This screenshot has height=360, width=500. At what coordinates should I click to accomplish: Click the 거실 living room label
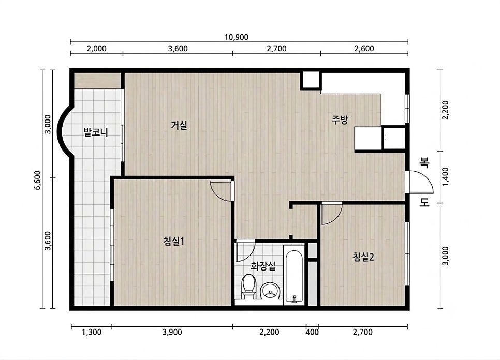(179, 125)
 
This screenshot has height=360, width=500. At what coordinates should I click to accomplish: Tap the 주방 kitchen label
(340, 120)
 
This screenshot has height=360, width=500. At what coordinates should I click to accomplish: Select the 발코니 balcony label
(96, 132)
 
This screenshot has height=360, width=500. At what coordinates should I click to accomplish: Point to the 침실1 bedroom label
(174, 241)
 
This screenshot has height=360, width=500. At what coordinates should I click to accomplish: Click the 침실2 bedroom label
(363, 257)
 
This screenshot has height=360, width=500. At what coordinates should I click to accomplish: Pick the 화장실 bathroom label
(263, 266)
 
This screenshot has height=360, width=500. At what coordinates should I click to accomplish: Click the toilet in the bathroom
(248, 286)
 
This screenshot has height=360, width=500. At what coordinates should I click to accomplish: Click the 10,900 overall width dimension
(237, 37)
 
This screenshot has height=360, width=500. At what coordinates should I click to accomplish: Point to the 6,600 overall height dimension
(38, 181)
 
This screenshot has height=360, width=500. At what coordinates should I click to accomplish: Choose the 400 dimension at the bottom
(312, 332)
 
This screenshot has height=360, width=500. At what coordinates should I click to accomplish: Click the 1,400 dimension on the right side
(446, 177)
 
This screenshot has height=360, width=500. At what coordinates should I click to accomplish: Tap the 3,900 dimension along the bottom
(172, 332)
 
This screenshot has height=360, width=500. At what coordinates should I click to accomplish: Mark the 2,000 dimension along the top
(97, 49)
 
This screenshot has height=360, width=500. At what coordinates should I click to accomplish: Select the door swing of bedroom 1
(221, 190)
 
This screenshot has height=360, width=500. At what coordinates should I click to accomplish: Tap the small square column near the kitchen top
(311, 80)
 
